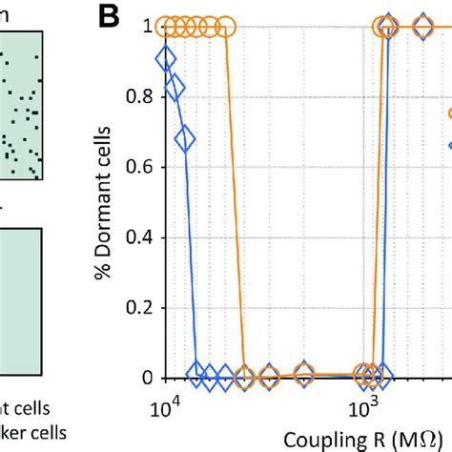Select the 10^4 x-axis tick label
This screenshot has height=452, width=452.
165,409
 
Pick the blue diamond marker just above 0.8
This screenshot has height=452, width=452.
175,89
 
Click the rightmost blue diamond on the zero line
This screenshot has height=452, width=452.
383,375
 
